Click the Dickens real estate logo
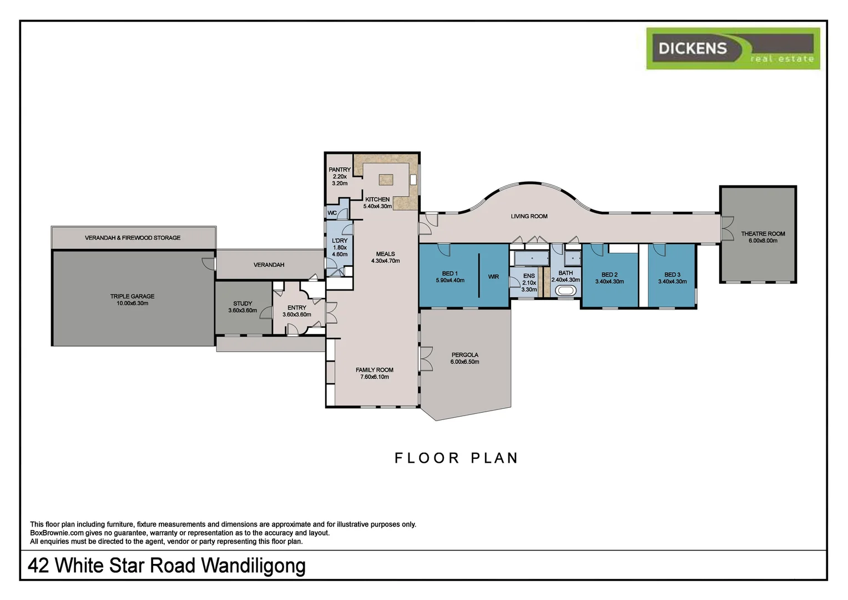click(x=733, y=49)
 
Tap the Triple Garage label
click(x=132, y=300)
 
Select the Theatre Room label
click(x=763, y=237)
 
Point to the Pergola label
click(x=465, y=358)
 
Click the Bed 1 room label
click(x=450, y=277)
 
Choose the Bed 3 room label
click(x=672, y=278)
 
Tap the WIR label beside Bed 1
click(x=493, y=277)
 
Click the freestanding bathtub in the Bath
click(x=566, y=291)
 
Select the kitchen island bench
click(x=386, y=179)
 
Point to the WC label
click(x=332, y=213)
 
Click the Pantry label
click(x=340, y=176)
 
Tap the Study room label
click(x=243, y=307)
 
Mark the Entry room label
click(x=297, y=311)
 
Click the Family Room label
click(x=375, y=373)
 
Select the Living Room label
click(x=529, y=216)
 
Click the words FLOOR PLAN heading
click(x=456, y=458)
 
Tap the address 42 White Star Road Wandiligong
click(x=166, y=566)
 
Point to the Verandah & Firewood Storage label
click(x=133, y=238)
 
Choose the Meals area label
click(x=385, y=257)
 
